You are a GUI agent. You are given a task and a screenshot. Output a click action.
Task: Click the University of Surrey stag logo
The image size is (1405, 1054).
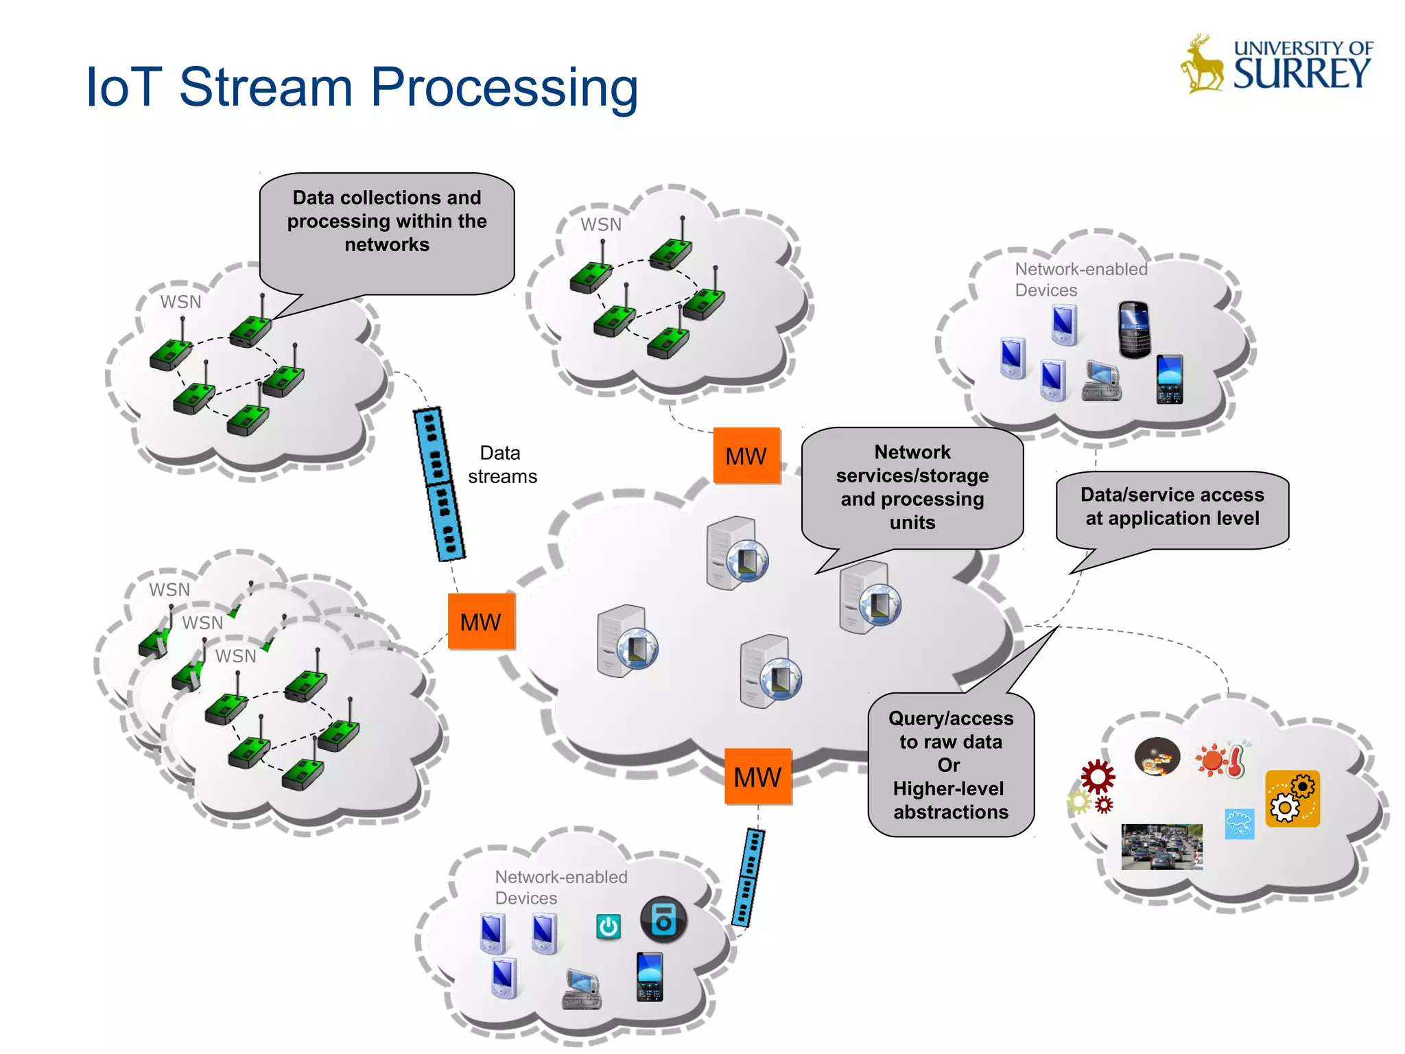[1202, 65]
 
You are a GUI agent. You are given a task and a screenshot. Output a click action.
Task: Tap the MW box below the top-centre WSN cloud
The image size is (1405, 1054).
[746, 456]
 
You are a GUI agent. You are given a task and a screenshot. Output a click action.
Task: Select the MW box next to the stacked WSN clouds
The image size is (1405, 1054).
[481, 622]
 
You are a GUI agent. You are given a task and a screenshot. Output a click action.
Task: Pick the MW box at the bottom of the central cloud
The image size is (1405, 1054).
[757, 777]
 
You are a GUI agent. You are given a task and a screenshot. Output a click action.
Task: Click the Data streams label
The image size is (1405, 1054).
[501, 465]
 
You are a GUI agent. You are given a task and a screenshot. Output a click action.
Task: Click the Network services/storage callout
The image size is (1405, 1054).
[912, 487]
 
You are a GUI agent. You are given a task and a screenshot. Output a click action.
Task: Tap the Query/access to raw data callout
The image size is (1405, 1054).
[951, 764]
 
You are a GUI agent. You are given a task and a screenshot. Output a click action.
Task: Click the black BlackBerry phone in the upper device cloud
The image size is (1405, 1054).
[1133, 329]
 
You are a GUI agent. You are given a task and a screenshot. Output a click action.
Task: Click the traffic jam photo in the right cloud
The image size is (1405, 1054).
[1161, 846]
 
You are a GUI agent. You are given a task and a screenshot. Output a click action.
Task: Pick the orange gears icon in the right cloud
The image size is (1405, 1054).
[1292, 798]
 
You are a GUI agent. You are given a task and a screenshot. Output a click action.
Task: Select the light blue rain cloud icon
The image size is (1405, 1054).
[1239, 823]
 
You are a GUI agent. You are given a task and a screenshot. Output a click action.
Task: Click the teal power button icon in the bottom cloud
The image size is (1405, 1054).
[609, 927]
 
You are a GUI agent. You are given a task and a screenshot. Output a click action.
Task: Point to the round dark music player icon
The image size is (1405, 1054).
[663, 920]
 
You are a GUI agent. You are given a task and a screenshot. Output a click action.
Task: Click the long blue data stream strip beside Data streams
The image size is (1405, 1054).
[439, 484]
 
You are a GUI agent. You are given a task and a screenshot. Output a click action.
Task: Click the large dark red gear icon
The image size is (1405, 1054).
[1098, 777]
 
